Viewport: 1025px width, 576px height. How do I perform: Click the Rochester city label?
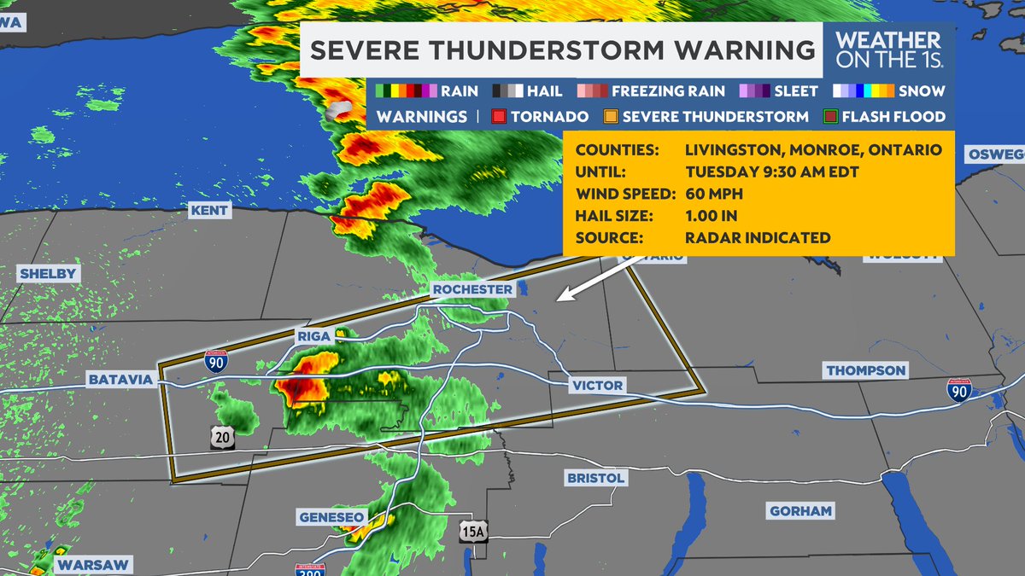[472, 290]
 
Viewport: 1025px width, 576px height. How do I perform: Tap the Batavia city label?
[120, 379]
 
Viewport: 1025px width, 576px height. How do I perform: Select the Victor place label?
[598, 386]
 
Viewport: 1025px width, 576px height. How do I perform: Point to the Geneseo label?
[332, 518]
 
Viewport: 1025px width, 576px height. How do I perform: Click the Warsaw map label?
[93, 565]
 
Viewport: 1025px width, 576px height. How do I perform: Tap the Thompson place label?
[865, 370]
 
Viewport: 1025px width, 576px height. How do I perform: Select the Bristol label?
[595, 478]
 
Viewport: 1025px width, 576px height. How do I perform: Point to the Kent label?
[209, 210]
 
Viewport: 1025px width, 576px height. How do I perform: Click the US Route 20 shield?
[222, 438]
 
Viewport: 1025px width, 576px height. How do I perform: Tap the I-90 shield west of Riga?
[215, 362]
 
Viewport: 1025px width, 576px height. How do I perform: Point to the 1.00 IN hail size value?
[712, 216]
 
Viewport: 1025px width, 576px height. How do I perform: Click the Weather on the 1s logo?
[888, 50]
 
